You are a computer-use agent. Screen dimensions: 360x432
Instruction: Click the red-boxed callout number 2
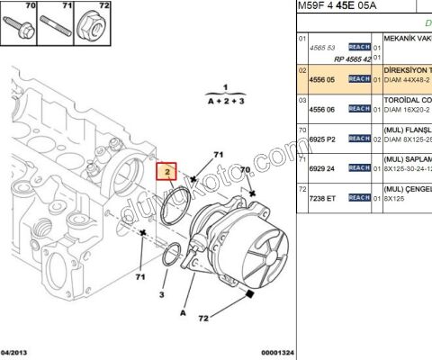pyautogui.click(x=166, y=171)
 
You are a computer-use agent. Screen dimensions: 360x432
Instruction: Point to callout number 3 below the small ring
pyautogui.click(x=162, y=294)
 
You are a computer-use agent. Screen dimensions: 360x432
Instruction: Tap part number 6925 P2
pyautogui.click(x=322, y=139)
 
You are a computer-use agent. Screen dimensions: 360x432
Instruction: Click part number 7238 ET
pyautogui.click(x=322, y=197)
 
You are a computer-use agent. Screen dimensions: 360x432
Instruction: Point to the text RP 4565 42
pyautogui.click(x=353, y=58)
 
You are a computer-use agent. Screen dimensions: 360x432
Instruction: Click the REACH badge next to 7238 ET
pyautogui.click(x=359, y=197)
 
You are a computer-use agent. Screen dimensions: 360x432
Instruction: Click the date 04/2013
pyautogui.click(x=18, y=352)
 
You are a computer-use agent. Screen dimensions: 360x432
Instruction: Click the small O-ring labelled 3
pyautogui.click(x=171, y=258)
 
